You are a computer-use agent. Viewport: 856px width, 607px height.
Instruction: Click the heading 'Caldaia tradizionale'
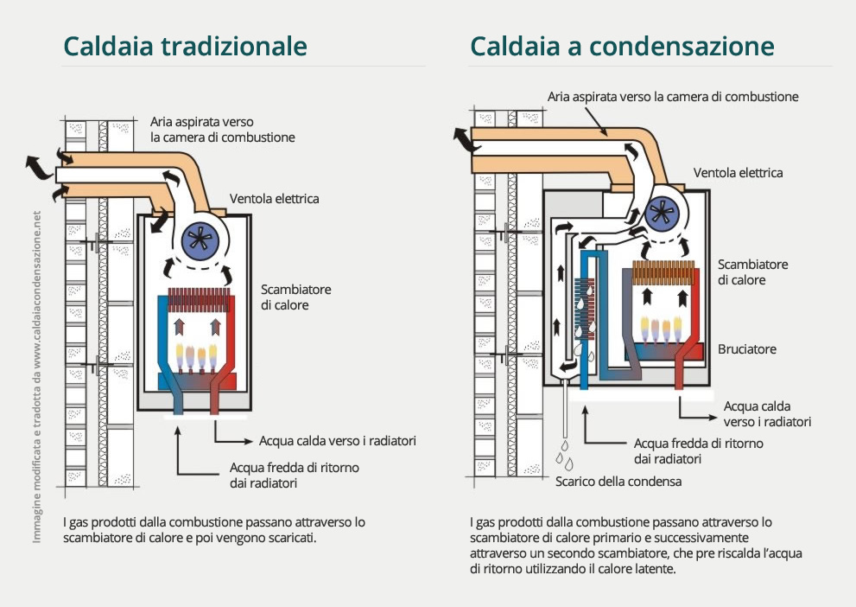[185, 46]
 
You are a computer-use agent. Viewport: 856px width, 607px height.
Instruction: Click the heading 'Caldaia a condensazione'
[621, 46]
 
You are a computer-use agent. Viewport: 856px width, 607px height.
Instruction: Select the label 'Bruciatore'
[746, 349]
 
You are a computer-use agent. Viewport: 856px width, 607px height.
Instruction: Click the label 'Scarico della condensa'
[618, 482]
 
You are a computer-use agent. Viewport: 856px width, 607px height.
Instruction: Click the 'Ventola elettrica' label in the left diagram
[274, 199]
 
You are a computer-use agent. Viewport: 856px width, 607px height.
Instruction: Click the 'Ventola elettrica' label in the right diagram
[738, 173]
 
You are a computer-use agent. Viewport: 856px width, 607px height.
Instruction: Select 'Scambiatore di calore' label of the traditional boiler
[295, 297]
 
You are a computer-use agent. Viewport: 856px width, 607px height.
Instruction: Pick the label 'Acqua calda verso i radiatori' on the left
[338, 441]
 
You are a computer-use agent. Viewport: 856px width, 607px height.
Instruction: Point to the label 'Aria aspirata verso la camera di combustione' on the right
[673, 97]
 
